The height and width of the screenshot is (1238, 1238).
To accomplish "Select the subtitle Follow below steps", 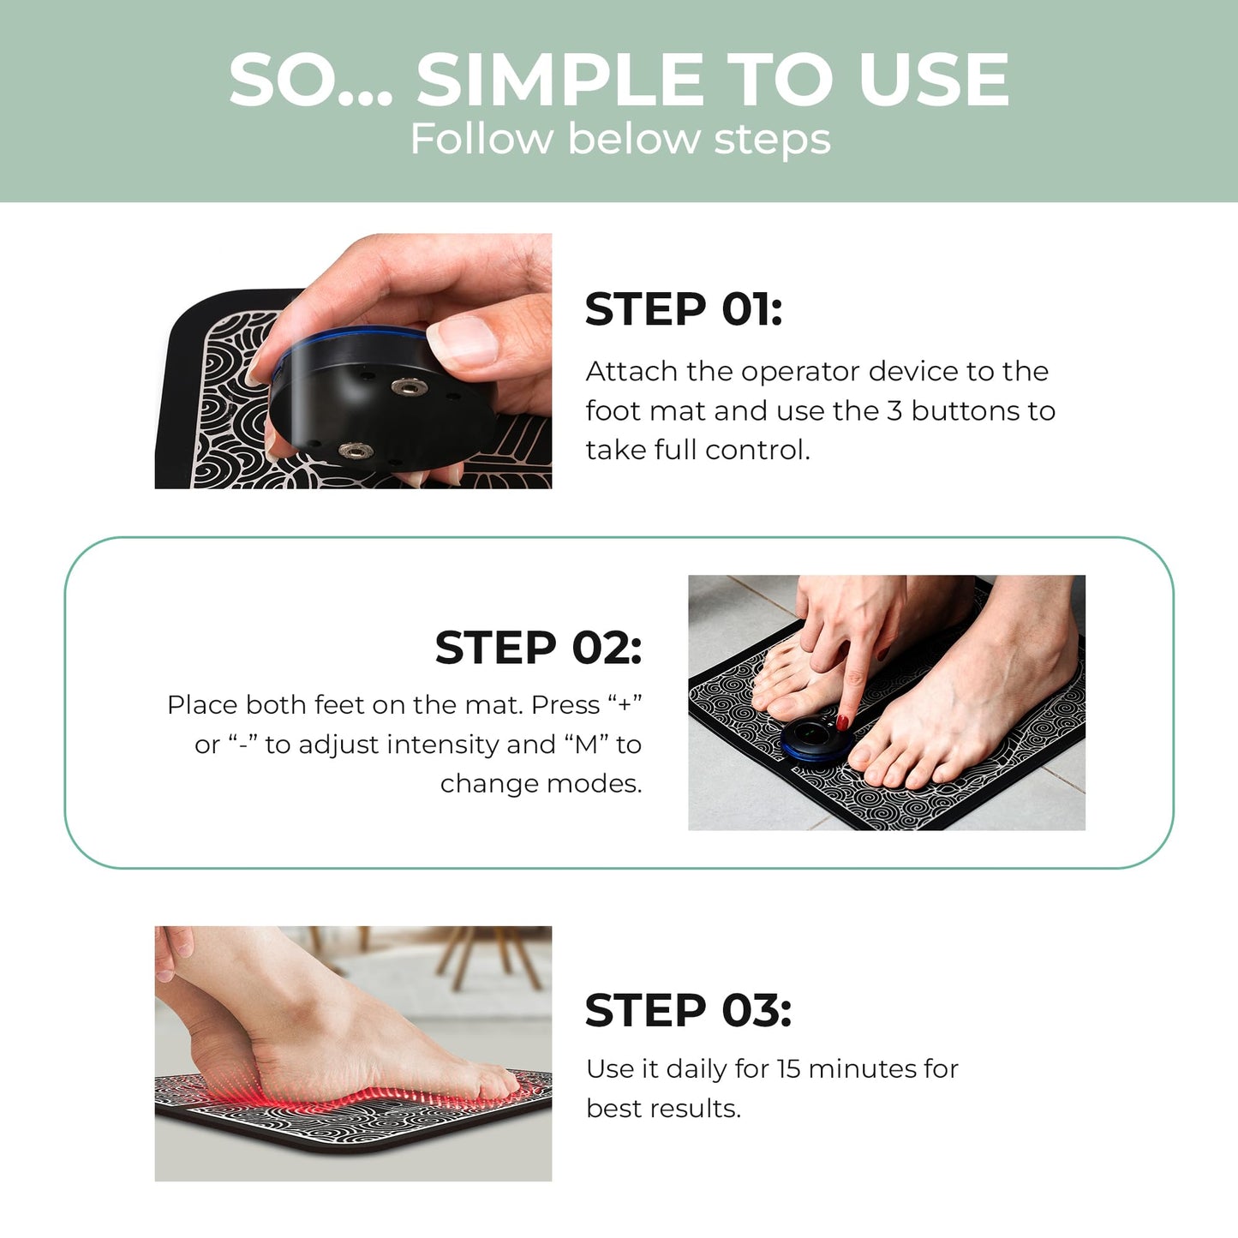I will [x=620, y=139].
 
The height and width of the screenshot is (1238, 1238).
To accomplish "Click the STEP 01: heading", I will [x=683, y=309].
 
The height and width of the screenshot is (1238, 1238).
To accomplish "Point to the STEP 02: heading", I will [x=538, y=648].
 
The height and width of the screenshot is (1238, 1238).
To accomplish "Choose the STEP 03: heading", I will [x=688, y=1011].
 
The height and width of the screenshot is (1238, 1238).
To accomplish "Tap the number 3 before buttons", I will [x=894, y=411].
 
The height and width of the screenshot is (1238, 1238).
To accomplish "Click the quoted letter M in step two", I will [x=586, y=745].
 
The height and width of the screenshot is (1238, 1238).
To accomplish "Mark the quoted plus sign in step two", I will [x=625, y=705].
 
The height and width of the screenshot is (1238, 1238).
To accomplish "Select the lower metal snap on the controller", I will [x=355, y=450].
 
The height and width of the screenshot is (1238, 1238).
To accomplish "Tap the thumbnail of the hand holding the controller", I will [x=353, y=361].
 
